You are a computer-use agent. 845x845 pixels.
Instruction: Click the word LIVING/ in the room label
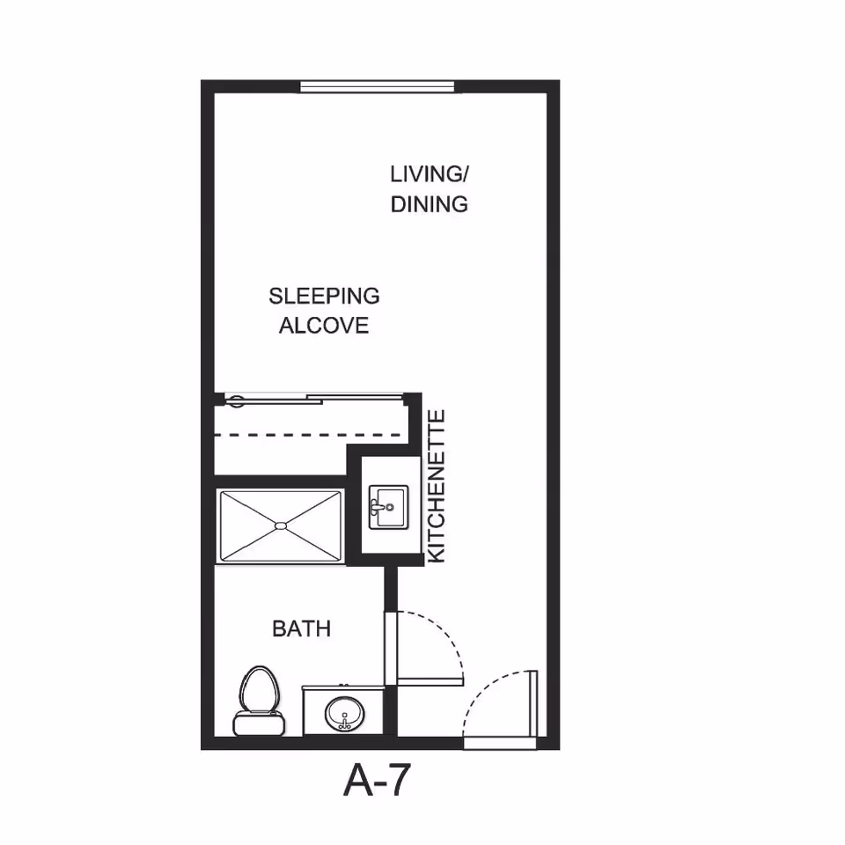[x=429, y=174]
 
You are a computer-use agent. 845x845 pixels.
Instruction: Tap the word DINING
[x=429, y=204]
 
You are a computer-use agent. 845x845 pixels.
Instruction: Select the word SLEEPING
[x=325, y=296]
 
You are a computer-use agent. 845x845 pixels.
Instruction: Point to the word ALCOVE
[x=324, y=326]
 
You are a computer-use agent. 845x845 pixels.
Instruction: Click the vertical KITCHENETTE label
[x=437, y=487]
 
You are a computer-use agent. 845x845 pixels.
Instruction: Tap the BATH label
[x=301, y=628]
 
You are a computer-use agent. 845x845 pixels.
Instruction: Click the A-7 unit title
[x=378, y=780]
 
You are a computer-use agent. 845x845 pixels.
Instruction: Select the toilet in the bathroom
[x=259, y=701]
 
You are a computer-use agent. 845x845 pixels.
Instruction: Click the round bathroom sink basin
[x=344, y=714]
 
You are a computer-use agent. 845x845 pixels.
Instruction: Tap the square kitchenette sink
[x=388, y=507]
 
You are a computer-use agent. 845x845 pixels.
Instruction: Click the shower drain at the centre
[x=281, y=525]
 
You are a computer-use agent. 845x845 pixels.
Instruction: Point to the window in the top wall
[x=378, y=87]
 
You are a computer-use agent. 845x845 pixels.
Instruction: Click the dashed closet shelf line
[x=308, y=434]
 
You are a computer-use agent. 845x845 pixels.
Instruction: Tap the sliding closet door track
[x=314, y=400]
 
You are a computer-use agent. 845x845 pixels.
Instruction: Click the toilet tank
[x=259, y=724]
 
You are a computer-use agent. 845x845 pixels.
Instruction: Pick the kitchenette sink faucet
[x=378, y=507]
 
